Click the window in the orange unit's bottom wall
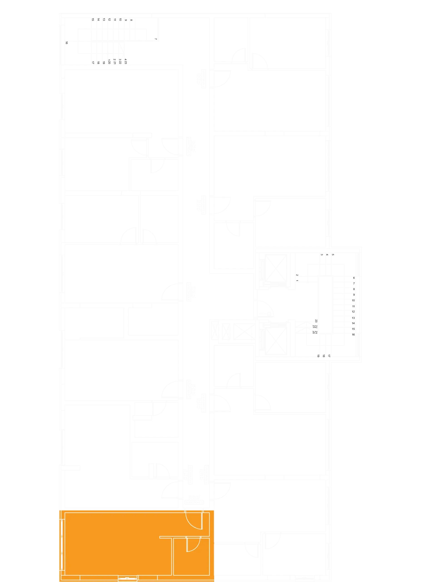coord(127,578)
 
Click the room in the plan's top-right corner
coord(288,42)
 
